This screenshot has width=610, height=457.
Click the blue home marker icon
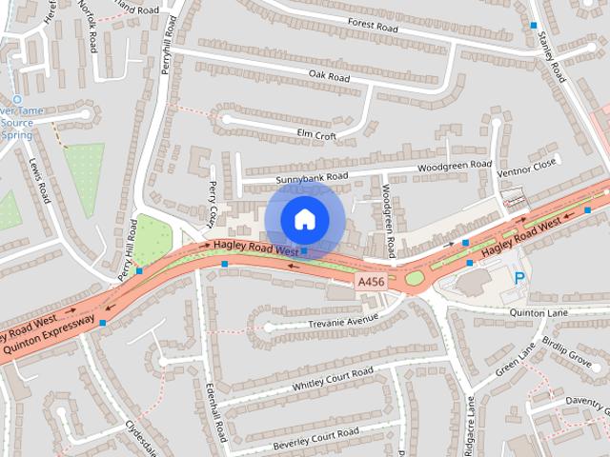pos(303,219)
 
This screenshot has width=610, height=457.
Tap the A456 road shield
pos(370,283)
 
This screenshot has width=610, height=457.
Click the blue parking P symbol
pos(519,278)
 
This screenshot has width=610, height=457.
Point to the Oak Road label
pos(329,75)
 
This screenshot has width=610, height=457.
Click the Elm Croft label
pos(316,135)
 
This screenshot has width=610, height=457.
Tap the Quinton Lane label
pos(538,312)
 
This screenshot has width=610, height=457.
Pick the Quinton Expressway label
pos(48,338)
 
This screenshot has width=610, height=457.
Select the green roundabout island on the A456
pos(415,279)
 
